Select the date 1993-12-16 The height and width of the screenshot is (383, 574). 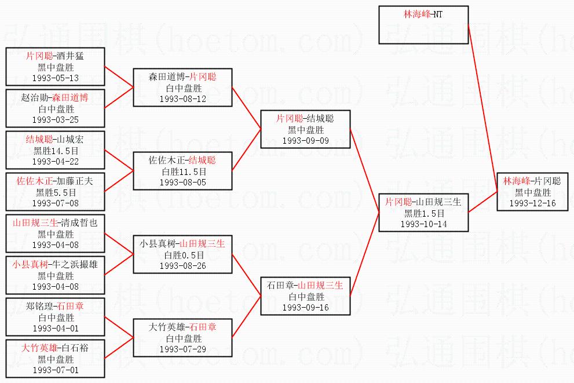click(x=533, y=203)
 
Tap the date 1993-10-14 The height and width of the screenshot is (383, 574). click(x=423, y=224)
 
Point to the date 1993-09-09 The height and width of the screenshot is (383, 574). click(x=305, y=140)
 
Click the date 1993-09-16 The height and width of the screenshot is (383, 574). click(x=305, y=307)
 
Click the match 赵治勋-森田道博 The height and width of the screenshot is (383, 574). click(x=56, y=97)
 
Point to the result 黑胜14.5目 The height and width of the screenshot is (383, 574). click(x=56, y=151)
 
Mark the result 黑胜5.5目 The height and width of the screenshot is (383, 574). click(x=56, y=192)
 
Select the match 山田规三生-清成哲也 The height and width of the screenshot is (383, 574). click(x=56, y=222)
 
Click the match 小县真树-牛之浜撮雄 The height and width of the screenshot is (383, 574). click(x=56, y=264)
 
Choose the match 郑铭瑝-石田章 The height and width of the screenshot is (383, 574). click(x=56, y=306)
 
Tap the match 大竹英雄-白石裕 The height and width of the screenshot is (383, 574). click(x=56, y=348)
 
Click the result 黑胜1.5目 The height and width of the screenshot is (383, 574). click(x=423, y=213)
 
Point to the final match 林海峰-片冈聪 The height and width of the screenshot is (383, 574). click(x=533, y=181)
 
